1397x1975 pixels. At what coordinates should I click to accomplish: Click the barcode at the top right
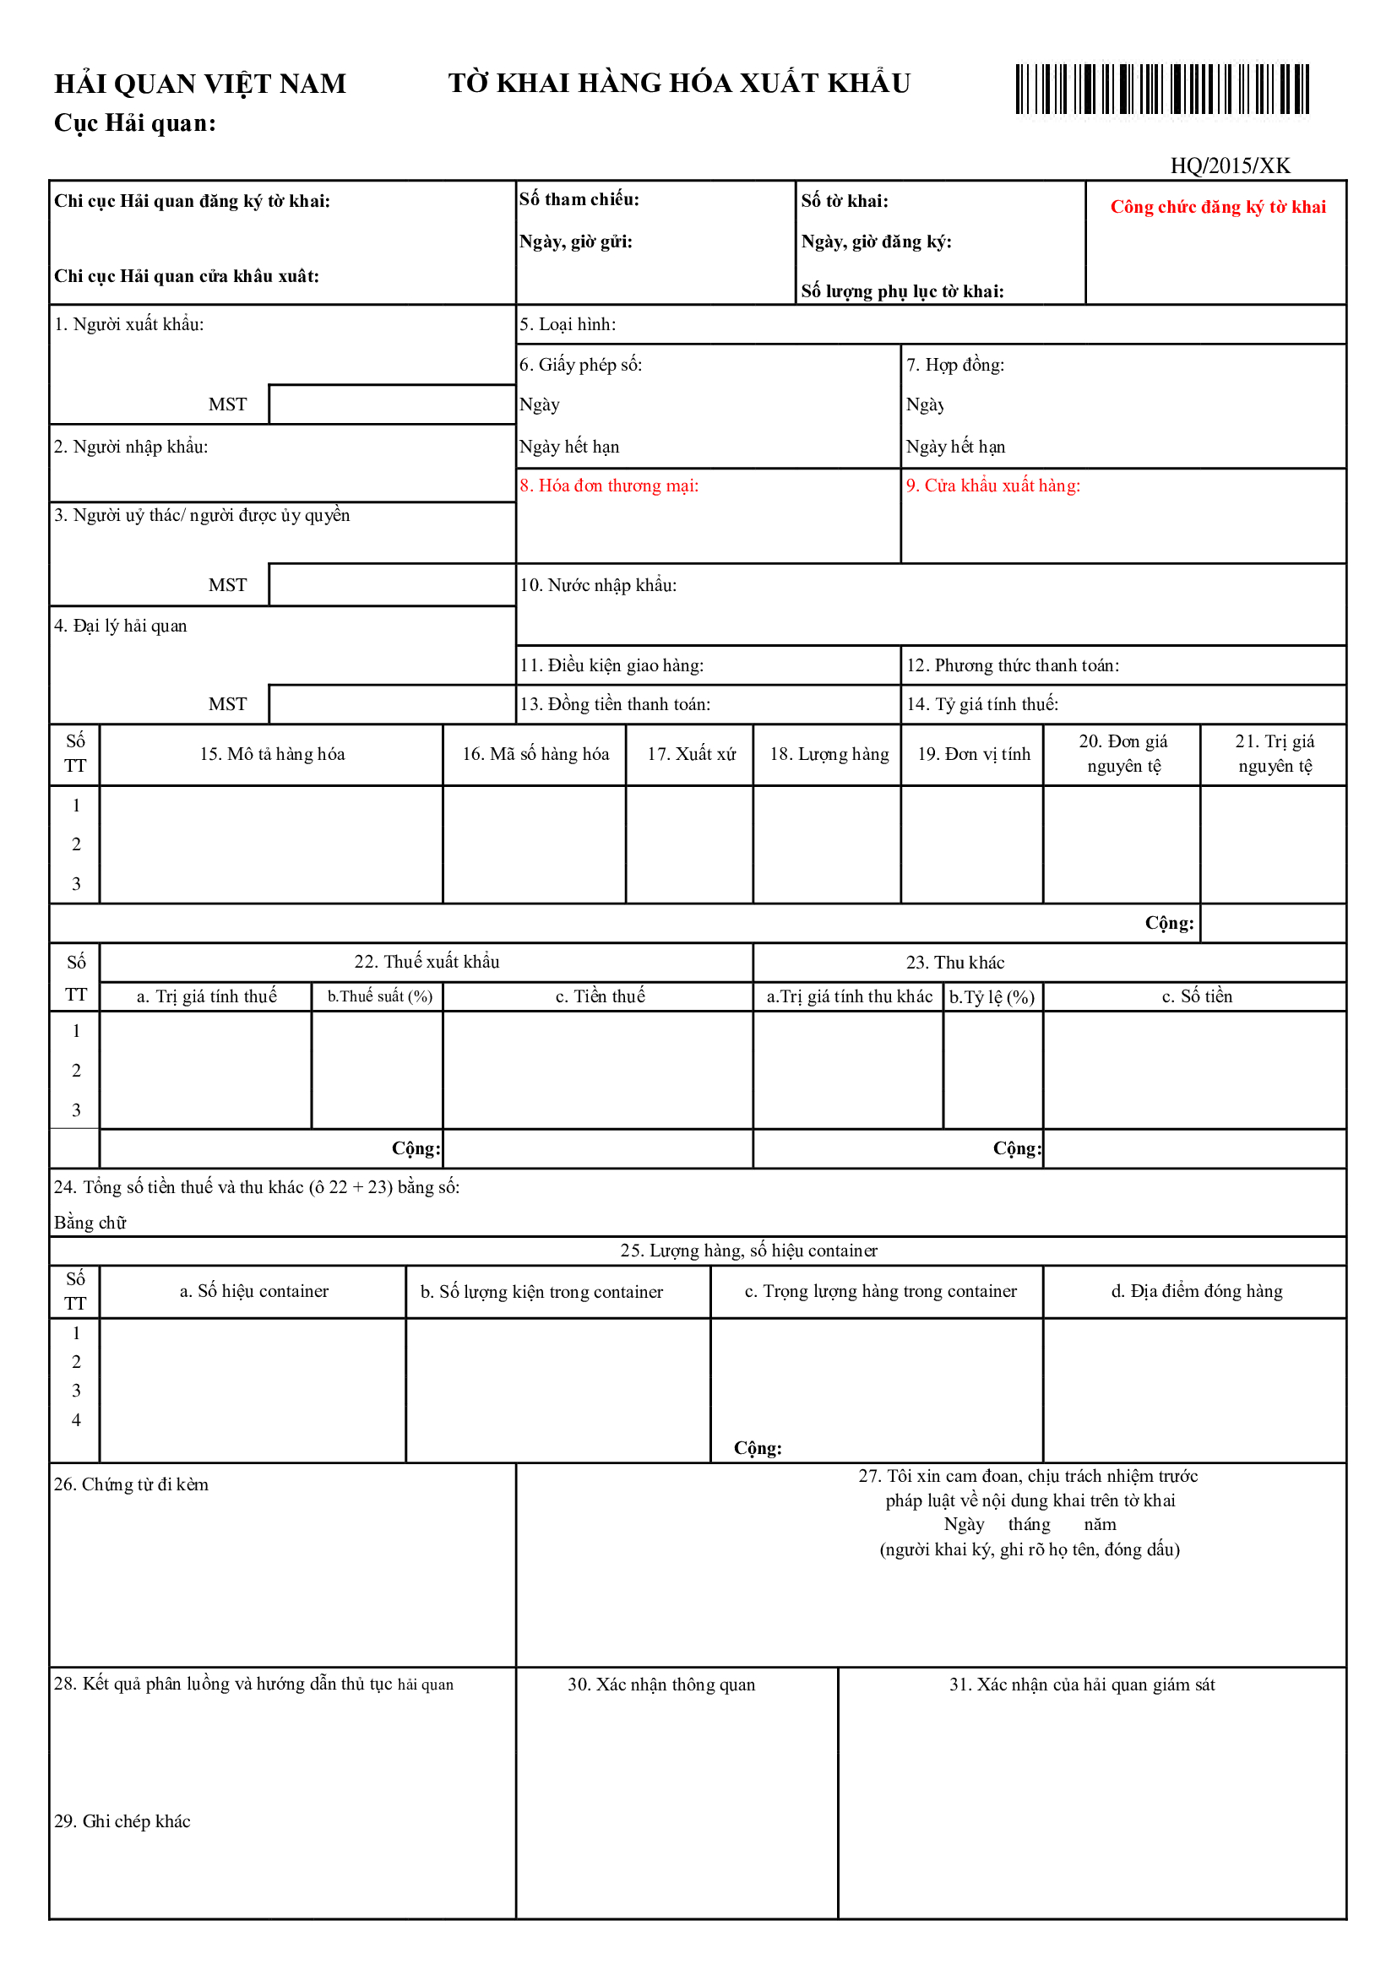pos(1161,89)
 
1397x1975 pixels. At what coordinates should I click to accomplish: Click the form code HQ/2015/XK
pos(1230,165)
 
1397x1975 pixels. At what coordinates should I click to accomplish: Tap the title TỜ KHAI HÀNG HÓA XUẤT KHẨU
pos(679,84)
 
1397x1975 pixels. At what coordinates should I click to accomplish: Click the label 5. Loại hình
pos(567,324)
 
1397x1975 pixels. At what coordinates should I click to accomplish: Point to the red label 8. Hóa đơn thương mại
pos(608,486)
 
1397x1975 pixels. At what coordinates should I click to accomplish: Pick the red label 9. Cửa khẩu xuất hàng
pos(992,486)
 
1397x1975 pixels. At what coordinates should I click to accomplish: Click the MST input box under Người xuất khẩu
pos(391,404)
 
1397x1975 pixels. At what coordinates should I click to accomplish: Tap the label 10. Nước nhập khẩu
pos(598,585)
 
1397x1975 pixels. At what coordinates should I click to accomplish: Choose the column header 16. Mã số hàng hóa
pos(535,753)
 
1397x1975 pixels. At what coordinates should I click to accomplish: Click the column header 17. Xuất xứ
pos(691,753)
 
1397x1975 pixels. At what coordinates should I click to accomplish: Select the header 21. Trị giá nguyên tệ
pos(1274,753)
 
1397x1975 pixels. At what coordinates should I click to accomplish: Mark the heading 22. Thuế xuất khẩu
pos(427,962)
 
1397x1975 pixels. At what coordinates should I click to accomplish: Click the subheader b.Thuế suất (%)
pos(379,996)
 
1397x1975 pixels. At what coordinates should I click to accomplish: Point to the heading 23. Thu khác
pos(955,963)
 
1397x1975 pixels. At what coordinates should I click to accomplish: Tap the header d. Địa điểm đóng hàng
pos(1197,1291)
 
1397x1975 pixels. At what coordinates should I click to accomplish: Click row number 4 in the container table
pos(76,1420)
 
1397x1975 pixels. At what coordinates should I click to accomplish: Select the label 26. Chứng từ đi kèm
pos(131,1484)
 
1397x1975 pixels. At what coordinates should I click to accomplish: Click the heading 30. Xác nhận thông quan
pos(660,1685)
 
